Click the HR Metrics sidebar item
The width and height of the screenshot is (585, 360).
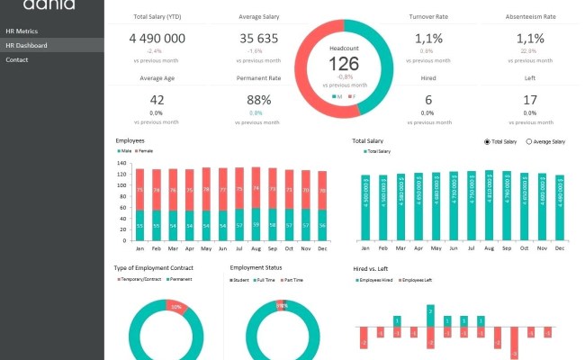point(22,31)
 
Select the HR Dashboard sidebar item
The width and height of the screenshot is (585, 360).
point(26,45)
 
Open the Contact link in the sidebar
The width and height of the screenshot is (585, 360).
point(17,59)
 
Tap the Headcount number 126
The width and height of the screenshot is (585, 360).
point(343,63)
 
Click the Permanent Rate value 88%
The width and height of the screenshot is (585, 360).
point(258,100)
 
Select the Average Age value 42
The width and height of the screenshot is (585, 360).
point(157,100)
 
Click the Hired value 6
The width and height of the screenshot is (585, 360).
point(428,100)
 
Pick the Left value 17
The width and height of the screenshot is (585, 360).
point(530,100)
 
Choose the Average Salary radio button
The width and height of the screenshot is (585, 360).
point(529,142)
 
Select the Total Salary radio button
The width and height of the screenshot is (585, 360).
point(488,142)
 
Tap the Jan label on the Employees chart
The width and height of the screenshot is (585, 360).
point(139,247)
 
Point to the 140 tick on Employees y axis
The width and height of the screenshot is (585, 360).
point(121,163)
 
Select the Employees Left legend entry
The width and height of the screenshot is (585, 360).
point(415,280)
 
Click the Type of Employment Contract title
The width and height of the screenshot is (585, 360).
point(154,268)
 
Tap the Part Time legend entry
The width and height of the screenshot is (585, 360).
point(292,280)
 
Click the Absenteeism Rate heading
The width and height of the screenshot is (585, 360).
point(530,16)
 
